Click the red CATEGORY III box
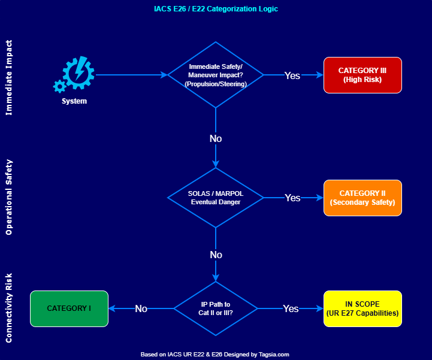tap(362, 75)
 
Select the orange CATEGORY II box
tap(362, 198)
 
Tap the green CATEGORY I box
tap(69, 308)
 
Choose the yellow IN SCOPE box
tap(362, 308)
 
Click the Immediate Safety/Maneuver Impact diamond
tap(216, 75)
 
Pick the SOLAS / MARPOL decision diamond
tap(216, 198)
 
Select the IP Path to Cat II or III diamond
tap(216, 308)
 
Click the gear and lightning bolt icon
tap(75, 74)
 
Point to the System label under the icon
tap(74, 101)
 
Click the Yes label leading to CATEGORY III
tap(292, 75)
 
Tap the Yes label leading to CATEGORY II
tap(292, 198)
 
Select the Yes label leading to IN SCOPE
tap(291, 308)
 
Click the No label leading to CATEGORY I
tap(141, 308)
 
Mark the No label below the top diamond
tap(216, 138)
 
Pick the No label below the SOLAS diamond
tap(216, 255)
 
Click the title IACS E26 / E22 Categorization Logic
tap(216, 9)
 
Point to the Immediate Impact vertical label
tap(9, 78)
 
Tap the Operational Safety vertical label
tap(9, 197)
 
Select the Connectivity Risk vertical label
tap(9, 308)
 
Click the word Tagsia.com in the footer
tap(274, 354)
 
